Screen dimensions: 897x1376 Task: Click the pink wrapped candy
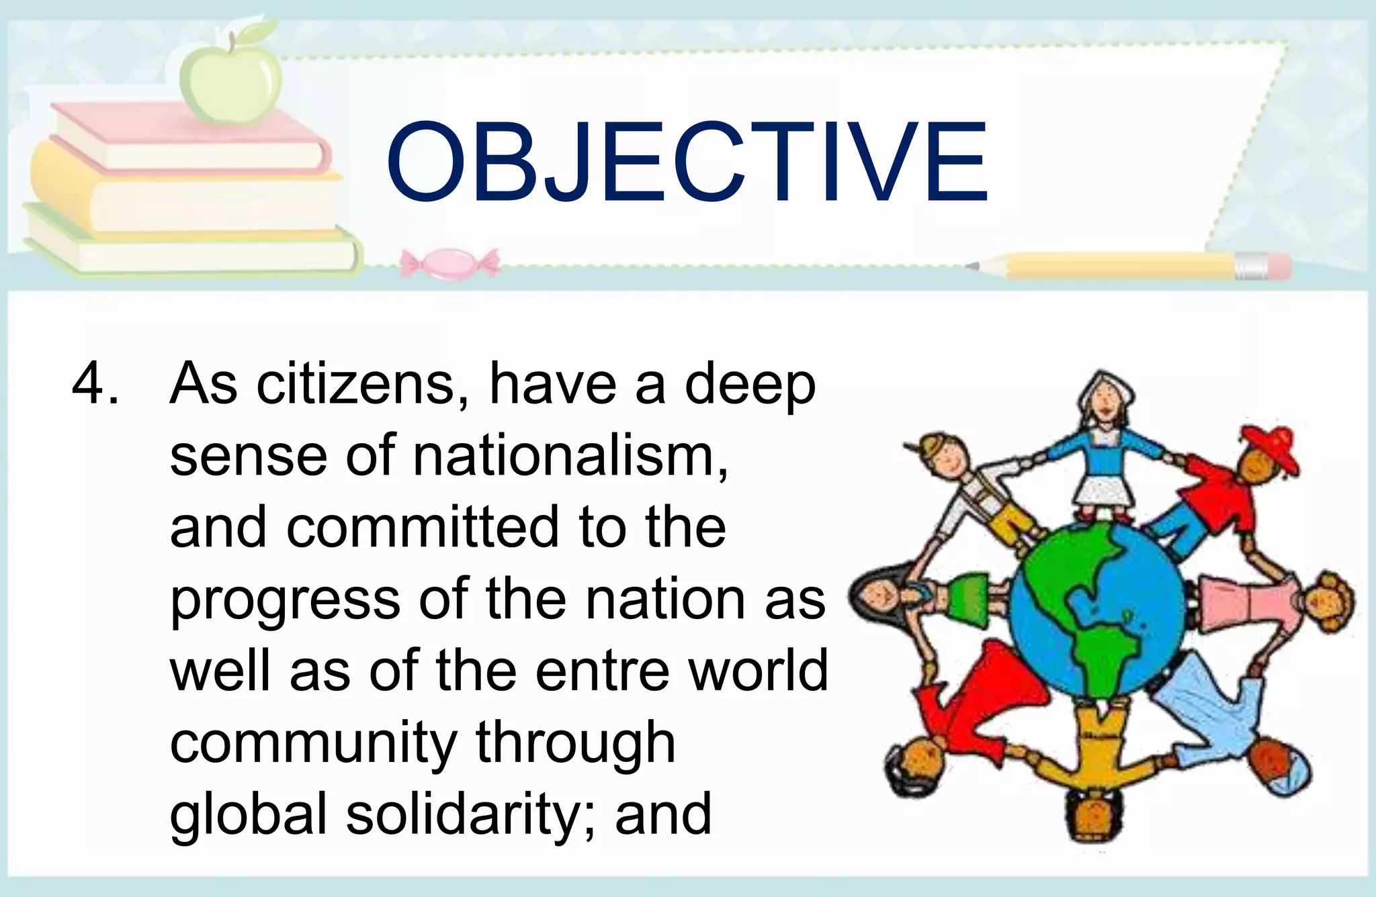coord(449,263)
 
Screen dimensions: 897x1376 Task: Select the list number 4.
coord(89,384)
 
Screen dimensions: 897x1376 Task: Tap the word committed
coord(423,528)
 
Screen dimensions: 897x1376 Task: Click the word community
coord(313,743)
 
